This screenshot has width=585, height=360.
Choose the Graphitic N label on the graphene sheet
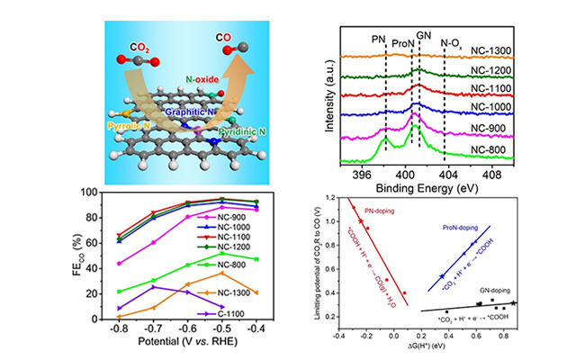[185, 103]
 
